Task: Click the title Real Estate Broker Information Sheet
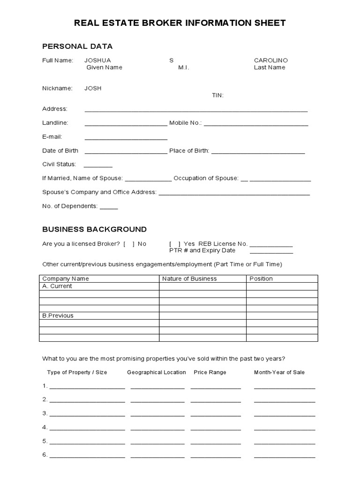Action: tap(180, 23)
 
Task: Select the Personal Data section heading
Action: tap(77, 46)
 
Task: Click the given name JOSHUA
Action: tap(97, 60)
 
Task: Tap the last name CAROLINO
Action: tap(270, 60)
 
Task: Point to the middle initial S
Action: tap(171, 60)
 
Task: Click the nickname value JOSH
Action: tap(93, 88)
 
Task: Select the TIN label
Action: tap(217, 95)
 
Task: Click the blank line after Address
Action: tap(196, 111)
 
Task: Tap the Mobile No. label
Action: tap(185, 123)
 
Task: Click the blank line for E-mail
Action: tap(126, 139)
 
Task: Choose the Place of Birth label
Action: tap(189, 151)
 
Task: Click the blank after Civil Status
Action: tap(98, 166)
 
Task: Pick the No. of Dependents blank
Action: tap(109, 208)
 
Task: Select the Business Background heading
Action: tap(94, 229)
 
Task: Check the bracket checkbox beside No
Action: tap(129, 244)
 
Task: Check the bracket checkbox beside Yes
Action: tap(175, 244)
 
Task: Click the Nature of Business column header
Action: tap(189, 278)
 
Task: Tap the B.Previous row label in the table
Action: tap(58, 315)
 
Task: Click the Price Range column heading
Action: tap(210, 372)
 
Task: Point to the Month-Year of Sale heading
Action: tap(279, 372)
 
